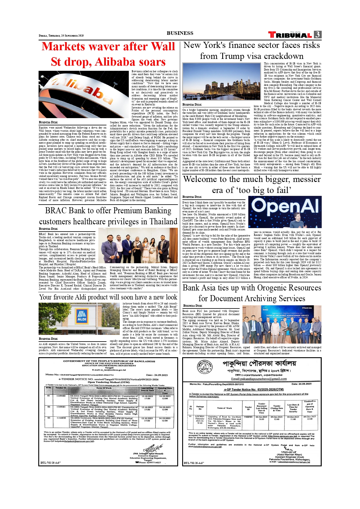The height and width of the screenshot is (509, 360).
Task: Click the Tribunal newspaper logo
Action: point(290,35)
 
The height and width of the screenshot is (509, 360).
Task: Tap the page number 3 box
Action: point(318,35)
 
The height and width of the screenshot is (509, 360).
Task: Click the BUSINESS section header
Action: point(180,33)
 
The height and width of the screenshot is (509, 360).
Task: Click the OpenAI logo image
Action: point(285,212)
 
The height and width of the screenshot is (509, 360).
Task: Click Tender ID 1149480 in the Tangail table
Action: point(61,396)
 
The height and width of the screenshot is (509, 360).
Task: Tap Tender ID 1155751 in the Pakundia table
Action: point(248,417)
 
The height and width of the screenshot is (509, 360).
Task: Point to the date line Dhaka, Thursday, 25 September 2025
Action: point(61,36)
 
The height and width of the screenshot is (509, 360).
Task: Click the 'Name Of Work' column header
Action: point(104,388)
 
